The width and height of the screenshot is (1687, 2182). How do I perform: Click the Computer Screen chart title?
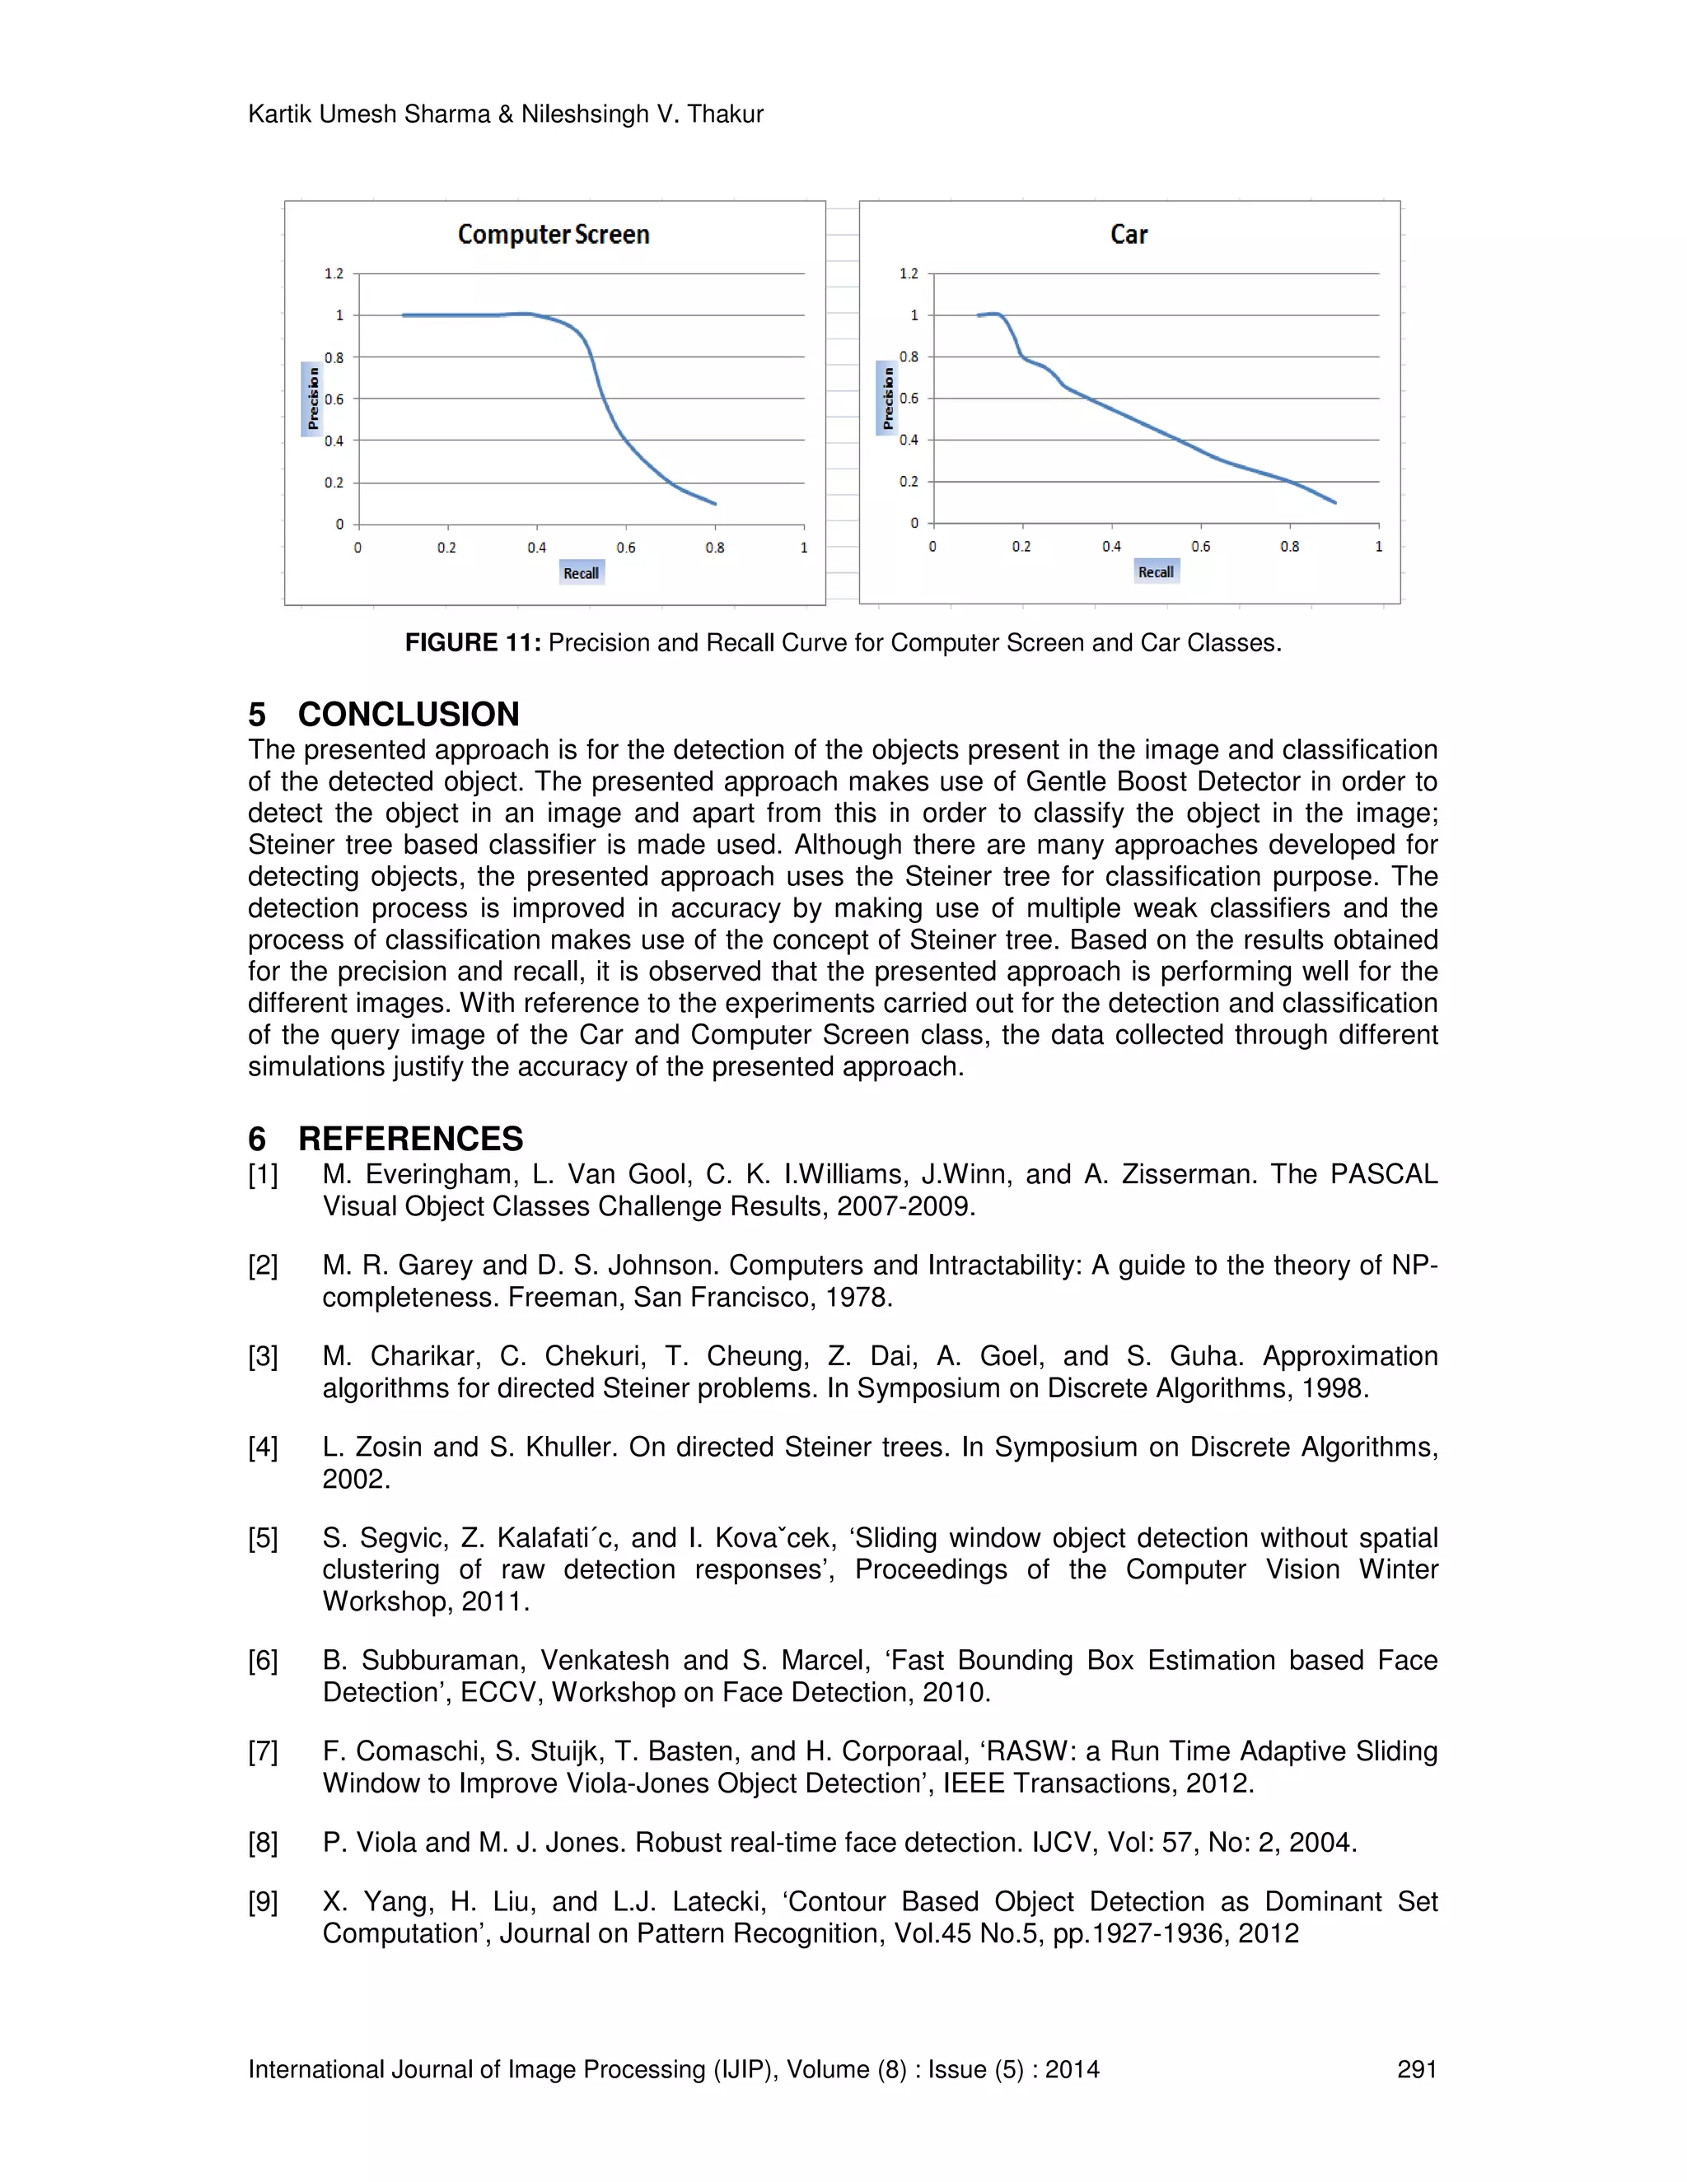pyautogui.click(x=553, y=235)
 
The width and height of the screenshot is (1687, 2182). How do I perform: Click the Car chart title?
pyautogui.click(x=1129, y=235)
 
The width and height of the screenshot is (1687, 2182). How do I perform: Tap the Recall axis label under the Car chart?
pyautogui.click(x=1156, y=571)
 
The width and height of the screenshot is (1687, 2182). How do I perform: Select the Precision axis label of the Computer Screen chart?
pyautogui.click(x=313, y=399)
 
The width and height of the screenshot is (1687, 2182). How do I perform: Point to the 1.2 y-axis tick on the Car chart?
pyautogui.click(x=908, y=273)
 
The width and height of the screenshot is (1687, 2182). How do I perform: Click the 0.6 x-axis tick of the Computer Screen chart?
pyautogui.click(x=626, y=548)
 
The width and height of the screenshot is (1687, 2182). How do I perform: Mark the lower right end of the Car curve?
pyautogui.click(x=1334, y=501)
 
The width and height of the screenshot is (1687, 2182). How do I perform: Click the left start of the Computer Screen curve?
pyautogui.click(x=404, y=315)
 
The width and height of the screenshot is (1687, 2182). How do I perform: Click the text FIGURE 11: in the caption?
pyautogui.click(x=473, y=642)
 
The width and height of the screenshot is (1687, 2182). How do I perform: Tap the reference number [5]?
pyautogui.click(x=263, y=1537)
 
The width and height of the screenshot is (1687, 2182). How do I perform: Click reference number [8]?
pyautogui.click(x=263, y=1842)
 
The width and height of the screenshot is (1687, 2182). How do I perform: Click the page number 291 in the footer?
pyautogui.click(x=1416, y=2069)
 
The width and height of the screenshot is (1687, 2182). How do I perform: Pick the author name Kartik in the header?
pyautogui.click(x=280, y=115)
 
